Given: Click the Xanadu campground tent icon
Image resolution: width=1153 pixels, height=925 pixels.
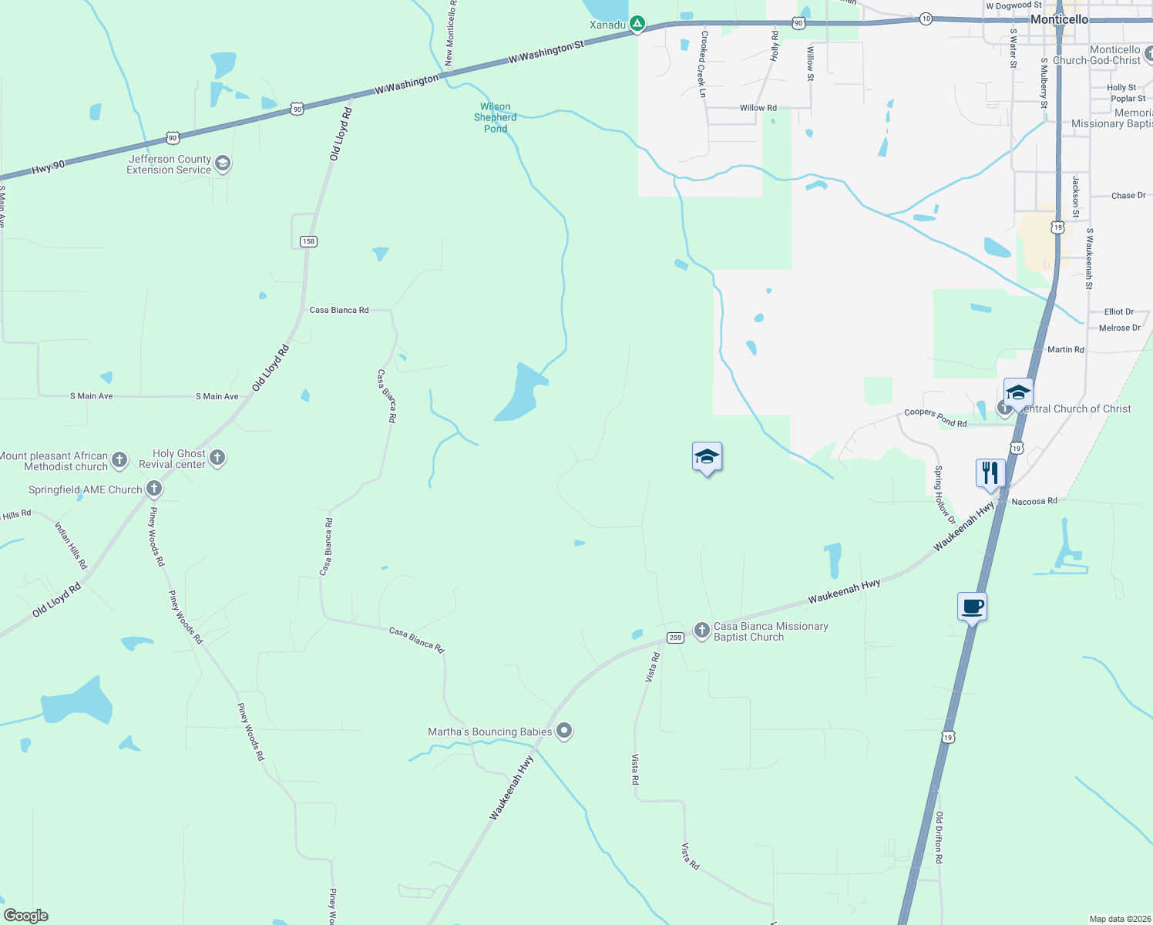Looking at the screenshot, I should (637, 25).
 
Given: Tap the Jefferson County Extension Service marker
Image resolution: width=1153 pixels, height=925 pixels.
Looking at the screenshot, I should (223, 163).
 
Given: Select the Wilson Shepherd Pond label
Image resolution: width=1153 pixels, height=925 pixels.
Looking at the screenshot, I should (496, 118).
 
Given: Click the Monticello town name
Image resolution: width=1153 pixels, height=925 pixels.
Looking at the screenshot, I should (1060, 19).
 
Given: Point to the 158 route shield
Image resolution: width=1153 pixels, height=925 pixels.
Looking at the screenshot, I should (308, 241).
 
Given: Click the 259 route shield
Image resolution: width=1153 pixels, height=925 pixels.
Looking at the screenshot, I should (675, 637).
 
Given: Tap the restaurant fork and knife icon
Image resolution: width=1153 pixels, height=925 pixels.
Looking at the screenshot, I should (990, 473).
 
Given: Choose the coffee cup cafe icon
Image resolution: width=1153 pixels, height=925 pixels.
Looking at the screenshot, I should (972, 606).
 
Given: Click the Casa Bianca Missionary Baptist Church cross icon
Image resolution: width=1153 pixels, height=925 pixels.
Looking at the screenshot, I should (701, 631).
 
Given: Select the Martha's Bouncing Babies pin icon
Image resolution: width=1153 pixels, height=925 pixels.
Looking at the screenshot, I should (564, 731).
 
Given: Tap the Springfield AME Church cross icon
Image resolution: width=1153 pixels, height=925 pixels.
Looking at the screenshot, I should (154, 489).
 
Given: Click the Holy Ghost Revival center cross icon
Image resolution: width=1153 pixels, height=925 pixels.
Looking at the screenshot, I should (217, 458).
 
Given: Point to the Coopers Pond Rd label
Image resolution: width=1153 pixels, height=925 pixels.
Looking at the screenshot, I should (935, 417).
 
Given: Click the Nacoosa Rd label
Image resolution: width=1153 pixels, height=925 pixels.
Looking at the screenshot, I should (1034, 501).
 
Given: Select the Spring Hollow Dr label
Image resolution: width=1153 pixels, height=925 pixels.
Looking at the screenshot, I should (944, 495).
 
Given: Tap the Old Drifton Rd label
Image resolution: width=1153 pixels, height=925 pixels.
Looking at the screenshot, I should (939, 837).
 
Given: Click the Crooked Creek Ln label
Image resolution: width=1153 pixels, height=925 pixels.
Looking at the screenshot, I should (702, 64).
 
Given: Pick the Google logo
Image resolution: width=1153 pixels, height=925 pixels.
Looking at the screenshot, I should (26, 916).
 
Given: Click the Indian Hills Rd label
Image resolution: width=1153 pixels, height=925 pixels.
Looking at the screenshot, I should (71, 546).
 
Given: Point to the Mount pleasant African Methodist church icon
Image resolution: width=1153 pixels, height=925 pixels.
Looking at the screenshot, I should (119, 461).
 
